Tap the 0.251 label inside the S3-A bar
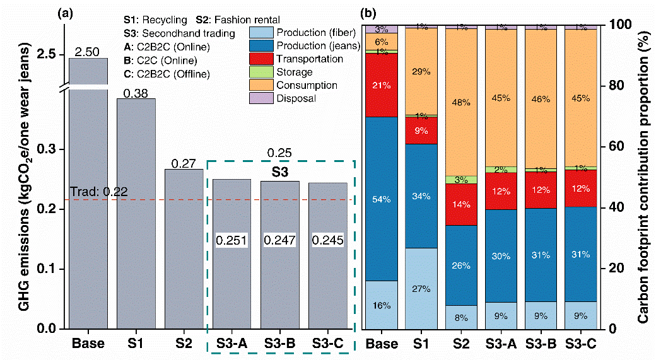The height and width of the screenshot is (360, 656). pyautogui.click(x=231, y=241)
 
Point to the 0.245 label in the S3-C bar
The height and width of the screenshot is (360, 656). pyautogui.click(x=327, y=241)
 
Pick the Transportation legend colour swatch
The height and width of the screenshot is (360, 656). pyautogui.click(x=269, y=59)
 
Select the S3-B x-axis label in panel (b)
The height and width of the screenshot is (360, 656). pyautogui.click(x=543, y=344)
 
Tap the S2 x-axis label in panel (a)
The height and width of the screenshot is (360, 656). pyautogui.click(x=184, y=344)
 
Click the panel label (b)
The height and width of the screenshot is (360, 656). pyautogui.click(x=367, y=12)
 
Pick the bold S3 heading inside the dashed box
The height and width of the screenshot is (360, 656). pyautogui.click(x=279, y=171)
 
